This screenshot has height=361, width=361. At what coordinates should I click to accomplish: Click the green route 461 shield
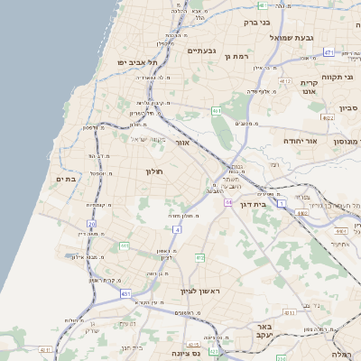[217, 110]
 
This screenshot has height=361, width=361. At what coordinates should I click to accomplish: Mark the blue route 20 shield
[91, 223]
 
